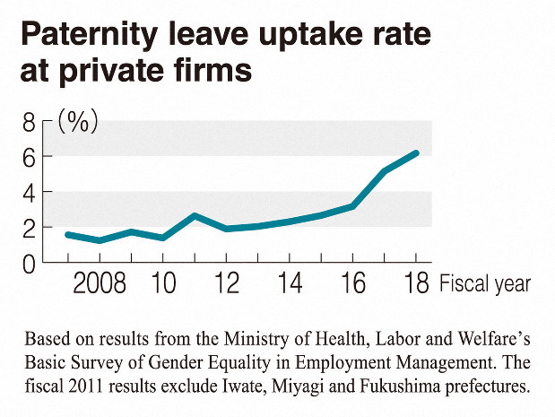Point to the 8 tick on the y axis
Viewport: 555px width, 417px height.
[x=30, y=121]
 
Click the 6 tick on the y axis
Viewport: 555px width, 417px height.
[x=30, y=156]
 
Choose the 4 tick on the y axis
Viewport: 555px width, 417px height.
[x=30, y=192]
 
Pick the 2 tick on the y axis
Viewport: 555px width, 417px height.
[x=30, y=227]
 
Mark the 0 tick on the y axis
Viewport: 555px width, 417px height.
[x=30, y=263]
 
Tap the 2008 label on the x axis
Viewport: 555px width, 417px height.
[x=100, y=284]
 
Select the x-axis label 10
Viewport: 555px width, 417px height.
[x=162, y=284]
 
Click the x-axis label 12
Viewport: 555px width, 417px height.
[x=227, y=284]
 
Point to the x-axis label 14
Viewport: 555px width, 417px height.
[x=291, y=284]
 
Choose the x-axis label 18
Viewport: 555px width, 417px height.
[x=416, y=284]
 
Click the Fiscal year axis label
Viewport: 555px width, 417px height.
[x=484, y=284]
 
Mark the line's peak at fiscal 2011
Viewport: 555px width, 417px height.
[x=195, y=216]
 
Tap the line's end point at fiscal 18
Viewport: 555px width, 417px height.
[x=416, y=153]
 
